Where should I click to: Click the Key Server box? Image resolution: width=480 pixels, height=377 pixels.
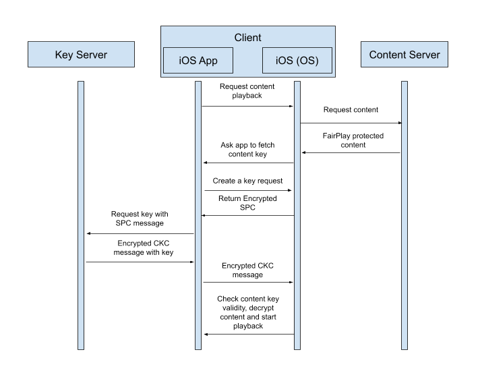(80, 55)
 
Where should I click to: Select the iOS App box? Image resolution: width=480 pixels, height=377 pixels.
(198, 61)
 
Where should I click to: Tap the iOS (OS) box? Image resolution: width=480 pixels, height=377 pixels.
(297, 61)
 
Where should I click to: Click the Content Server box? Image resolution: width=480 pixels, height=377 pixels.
(404, 55)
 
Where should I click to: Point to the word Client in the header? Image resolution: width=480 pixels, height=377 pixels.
(247, 38)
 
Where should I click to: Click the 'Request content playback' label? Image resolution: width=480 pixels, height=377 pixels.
(247, 92)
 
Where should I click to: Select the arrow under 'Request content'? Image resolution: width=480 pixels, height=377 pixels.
(351, 123)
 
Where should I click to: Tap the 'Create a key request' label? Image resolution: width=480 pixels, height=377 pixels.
(247, 181)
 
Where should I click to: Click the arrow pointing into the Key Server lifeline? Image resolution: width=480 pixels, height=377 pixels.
(140, 233)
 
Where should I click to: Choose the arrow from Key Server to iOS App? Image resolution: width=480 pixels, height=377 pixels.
(140, 262)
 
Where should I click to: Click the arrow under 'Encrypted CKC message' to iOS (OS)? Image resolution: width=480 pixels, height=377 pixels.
(248, 283)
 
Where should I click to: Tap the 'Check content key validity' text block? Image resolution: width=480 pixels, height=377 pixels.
(247, 312)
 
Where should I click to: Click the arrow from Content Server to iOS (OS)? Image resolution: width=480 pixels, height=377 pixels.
(351, 152)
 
